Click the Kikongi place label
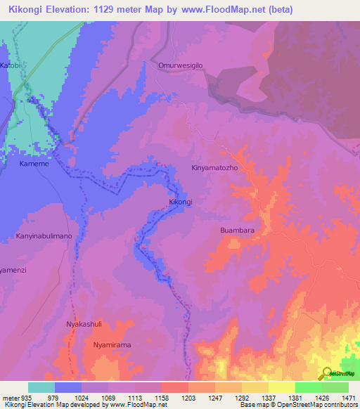181,202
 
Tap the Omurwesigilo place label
181,65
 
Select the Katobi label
11,65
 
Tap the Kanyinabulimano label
44,236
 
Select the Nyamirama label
112,345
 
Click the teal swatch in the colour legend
41,387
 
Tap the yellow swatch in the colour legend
281,387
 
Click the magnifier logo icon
328,374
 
